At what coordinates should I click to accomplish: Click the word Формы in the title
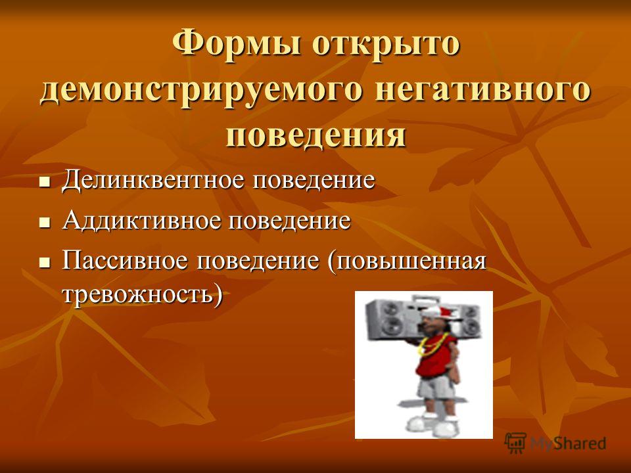238,44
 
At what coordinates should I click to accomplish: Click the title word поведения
315,134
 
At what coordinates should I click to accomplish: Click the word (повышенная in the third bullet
407,262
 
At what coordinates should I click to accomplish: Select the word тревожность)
142,295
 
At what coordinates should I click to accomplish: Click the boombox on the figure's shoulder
423,318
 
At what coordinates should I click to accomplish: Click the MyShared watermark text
568,443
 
